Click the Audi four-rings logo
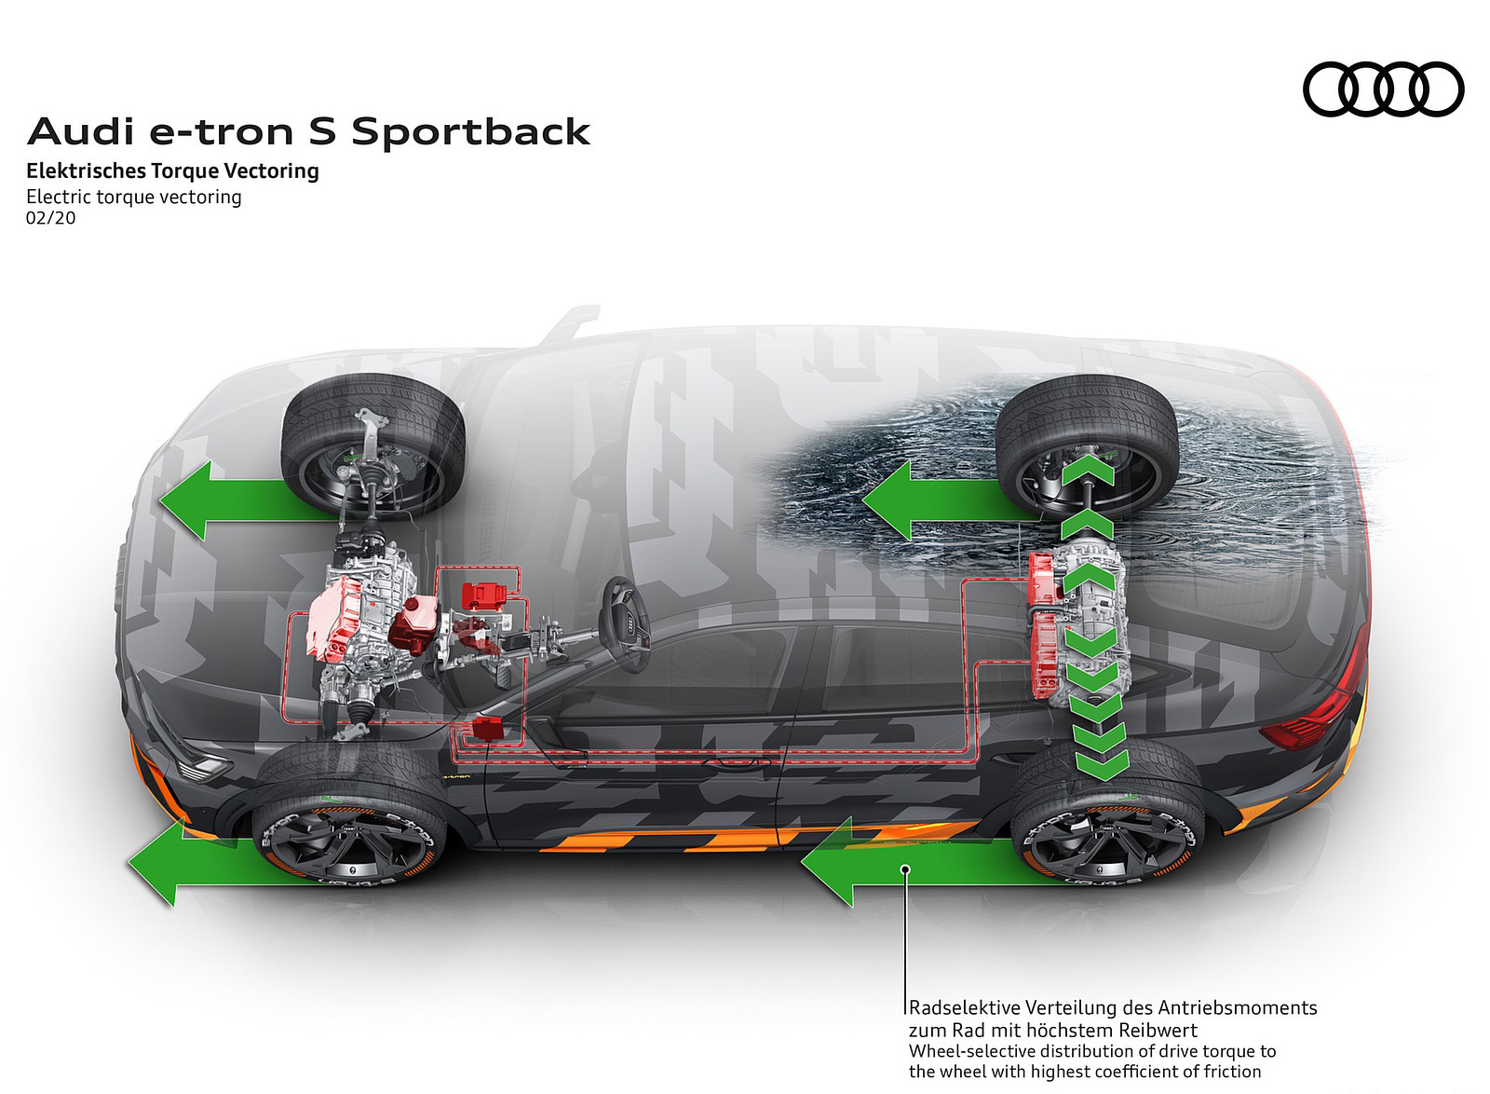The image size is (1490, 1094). coord(1383,89)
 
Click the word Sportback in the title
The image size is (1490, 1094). coord(471,132)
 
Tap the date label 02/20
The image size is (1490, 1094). coord(51,218)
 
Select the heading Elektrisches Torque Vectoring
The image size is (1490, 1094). coord(172,171)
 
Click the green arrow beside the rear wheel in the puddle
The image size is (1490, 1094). coord(931,501)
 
